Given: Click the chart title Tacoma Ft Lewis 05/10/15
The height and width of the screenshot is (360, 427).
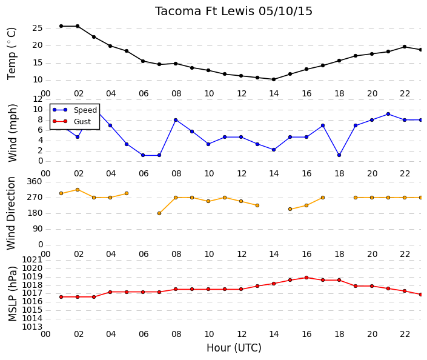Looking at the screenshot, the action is click(233, 12).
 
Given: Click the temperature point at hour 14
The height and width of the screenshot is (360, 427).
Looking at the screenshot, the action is click(274, 79).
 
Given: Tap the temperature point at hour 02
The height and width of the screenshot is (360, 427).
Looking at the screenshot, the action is click(78, 26).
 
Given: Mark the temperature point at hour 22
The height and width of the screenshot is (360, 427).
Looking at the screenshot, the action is click(405, 47).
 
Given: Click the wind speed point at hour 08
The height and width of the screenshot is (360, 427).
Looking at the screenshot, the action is click(176, 120).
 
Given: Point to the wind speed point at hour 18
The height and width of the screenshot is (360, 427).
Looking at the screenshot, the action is click(339, 155).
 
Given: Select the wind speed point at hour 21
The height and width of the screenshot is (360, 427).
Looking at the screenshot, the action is click(388, 114).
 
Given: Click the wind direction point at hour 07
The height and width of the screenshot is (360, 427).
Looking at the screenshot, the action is click(159, 213).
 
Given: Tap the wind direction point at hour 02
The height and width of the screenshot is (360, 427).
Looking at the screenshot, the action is click(78, 190).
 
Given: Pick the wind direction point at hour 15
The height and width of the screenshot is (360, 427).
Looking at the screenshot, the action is click(290, 209).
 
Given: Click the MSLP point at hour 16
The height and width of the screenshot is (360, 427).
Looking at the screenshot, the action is click(306, 278).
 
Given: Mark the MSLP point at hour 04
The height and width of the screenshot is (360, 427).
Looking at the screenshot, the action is click(110, 292).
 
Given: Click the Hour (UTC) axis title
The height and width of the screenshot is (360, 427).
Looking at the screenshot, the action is click(234, 348).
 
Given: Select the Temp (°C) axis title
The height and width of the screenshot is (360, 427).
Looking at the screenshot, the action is click(12, 54).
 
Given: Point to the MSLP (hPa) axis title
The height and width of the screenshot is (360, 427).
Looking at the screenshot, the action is click(13, 293).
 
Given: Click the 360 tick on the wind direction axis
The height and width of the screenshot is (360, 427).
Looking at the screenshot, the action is click(35, 182).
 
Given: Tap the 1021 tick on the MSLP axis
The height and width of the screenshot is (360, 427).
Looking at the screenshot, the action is click(33, 260).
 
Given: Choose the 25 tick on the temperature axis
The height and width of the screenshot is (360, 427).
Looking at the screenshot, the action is click(38, 28).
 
